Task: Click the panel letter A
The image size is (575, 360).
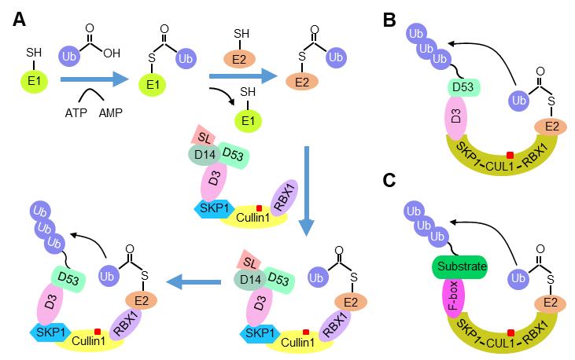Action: (19, 20)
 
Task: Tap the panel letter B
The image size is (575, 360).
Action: (389, 20)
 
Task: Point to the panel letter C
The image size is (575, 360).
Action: (389, 180)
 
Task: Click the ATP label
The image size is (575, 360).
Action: (76, 113)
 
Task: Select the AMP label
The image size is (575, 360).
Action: (110, 113)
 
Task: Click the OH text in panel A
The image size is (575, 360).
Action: (112, 53)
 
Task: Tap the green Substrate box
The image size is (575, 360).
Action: (462, 266)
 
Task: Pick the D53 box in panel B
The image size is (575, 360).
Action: (463, 87)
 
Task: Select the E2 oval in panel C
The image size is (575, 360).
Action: (550, 303)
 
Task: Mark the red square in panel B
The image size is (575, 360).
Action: (510, 155)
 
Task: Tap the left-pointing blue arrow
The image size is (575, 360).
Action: (194, 282)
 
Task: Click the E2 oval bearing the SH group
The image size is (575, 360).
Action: (239, 58)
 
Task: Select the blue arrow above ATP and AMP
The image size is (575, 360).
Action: (94, 79)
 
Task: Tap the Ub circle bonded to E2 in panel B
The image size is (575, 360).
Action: (519, 101)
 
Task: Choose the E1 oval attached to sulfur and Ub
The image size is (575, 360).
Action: (152, 85)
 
